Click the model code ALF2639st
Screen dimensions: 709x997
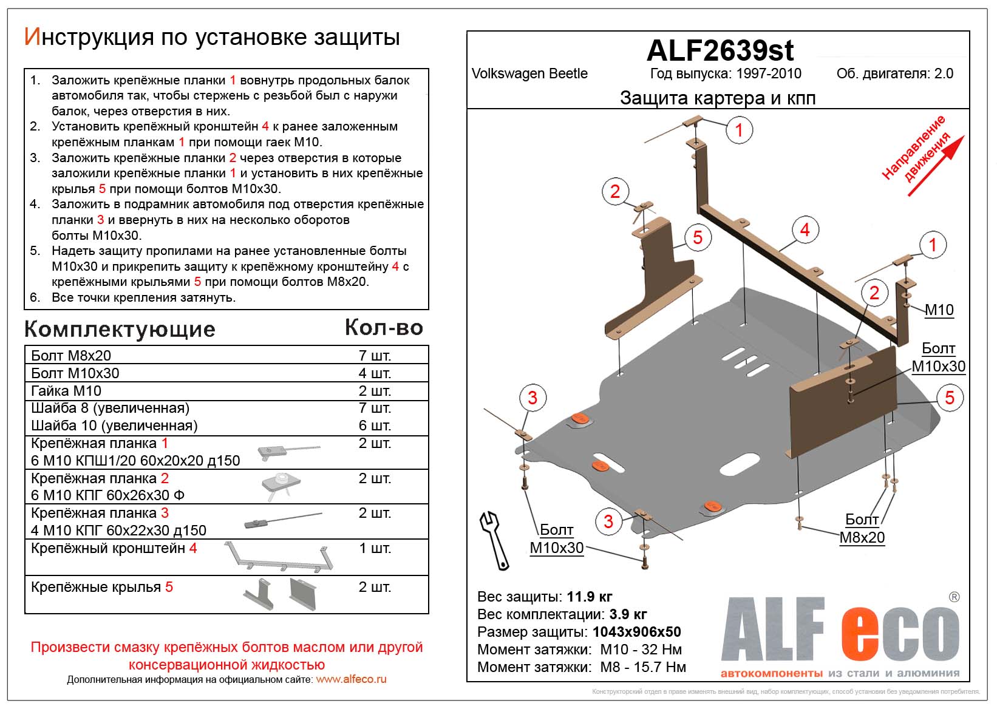[720, 50]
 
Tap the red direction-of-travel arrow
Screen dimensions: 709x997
[936, 166]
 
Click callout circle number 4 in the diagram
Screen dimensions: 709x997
[805, 230]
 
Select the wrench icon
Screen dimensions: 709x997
[494, 539]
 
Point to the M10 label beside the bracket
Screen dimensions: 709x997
[939, 310]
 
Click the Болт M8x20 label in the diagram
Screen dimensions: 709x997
[862, 529]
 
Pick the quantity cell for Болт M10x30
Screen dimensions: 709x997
[374, 373]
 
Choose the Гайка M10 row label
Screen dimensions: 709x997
[66, 391]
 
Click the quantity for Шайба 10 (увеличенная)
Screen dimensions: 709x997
[374, 426]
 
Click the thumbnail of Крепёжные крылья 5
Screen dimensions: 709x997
[281, 593]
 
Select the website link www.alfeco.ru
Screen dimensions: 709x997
[351, 679]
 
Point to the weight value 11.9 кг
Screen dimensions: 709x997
[590, 597]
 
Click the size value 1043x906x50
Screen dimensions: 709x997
[636, 632]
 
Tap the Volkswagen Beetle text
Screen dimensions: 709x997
[529, 73]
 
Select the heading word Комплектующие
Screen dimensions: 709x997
[120, 329]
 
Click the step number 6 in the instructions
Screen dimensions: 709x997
[35, 297]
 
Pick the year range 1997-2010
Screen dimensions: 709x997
[769, 73]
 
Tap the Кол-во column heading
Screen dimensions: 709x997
[384, 328]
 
